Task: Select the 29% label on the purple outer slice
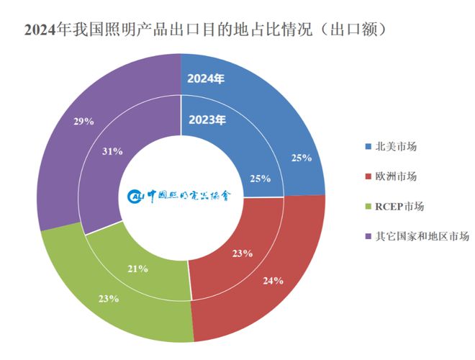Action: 83,121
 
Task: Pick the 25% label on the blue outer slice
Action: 301,158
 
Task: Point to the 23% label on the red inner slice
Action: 242,253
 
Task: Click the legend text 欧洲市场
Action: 396,176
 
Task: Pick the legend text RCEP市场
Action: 399,206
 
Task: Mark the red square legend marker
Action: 368,176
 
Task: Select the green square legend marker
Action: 368,207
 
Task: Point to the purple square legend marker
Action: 368,236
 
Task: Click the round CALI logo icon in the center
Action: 136,196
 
